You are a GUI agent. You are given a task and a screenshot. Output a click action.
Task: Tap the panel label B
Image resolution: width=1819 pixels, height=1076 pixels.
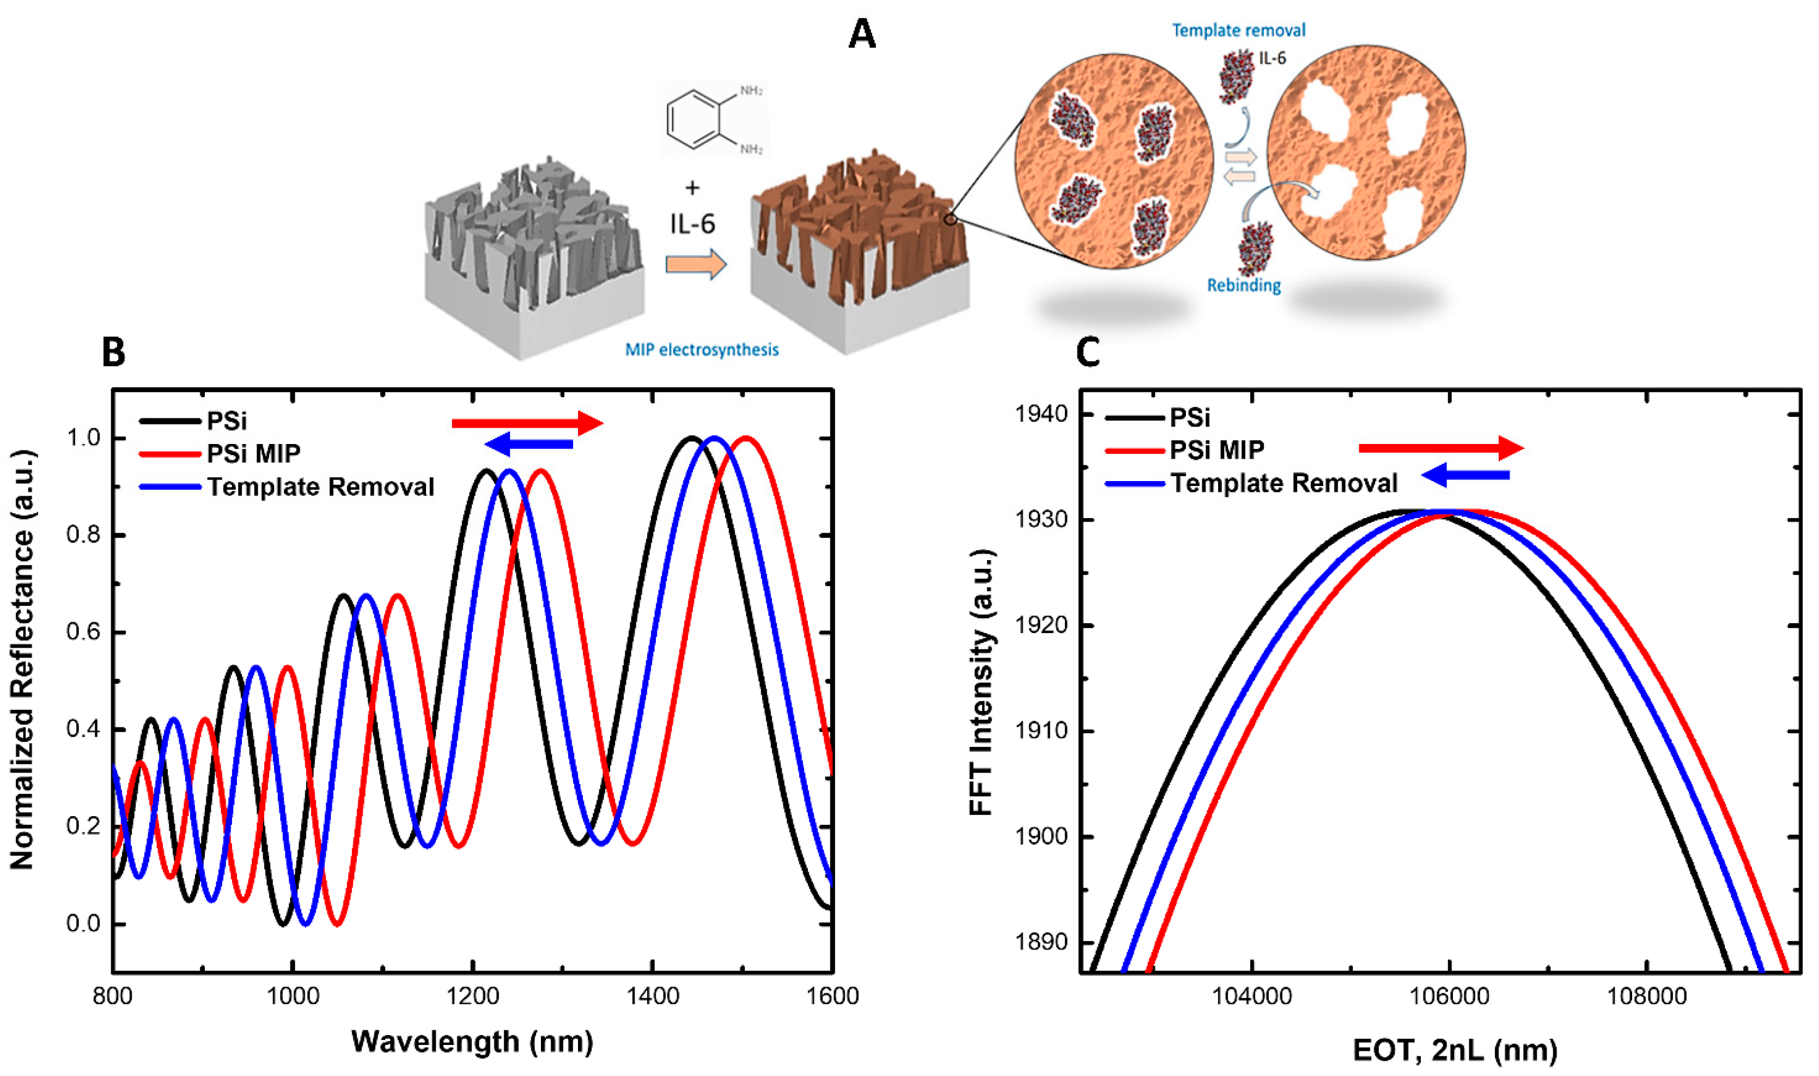coord(114,352)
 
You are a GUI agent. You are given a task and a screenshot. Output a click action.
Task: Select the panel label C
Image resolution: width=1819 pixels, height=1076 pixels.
coord(1087,352)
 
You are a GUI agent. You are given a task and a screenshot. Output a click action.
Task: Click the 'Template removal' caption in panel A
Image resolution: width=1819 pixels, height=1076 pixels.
coord(1238,31)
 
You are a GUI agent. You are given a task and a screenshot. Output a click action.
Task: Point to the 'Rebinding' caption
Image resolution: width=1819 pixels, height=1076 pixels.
coord(1243,285)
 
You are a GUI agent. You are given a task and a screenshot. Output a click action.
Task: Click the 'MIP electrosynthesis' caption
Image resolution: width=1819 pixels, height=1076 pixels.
coord(702,349)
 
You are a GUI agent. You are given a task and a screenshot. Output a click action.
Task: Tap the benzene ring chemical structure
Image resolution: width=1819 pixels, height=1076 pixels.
coord(695,120)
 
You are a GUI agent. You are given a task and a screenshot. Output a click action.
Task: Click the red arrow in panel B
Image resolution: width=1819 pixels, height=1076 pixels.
coord(527,423)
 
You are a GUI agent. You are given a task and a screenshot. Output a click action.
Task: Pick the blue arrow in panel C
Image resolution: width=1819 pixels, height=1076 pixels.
coord(1465,476)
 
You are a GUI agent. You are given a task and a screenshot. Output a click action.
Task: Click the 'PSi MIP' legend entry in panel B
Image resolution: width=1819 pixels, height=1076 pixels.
coord(253,453)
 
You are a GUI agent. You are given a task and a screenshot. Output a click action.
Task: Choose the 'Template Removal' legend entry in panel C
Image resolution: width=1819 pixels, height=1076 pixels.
coord(1283,483)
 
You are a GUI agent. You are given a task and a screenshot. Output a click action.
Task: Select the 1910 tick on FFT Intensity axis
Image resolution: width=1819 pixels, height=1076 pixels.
coord(1041,731)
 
